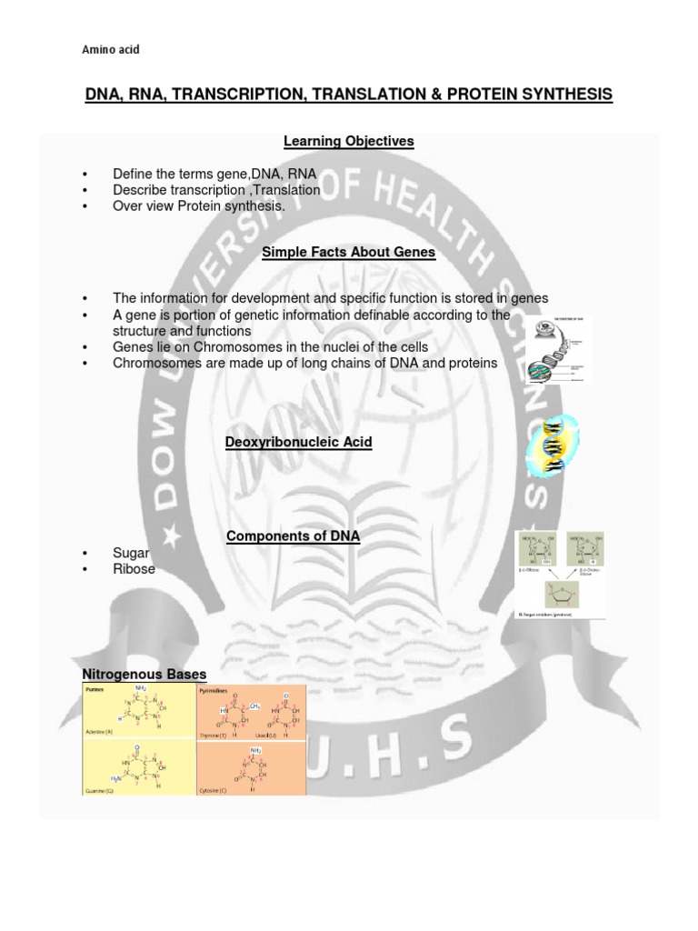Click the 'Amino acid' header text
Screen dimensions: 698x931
(x=111, y=49)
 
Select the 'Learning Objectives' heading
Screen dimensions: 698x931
(x=349, y=141)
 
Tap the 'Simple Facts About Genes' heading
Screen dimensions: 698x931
(x=349, y=253)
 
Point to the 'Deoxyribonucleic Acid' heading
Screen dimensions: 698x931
(x=298, y=442)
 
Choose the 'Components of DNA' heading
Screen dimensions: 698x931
(x=293, y=537)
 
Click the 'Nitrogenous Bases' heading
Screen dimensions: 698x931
(x=145, y=674)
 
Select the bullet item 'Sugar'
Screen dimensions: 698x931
(x=131, y=552)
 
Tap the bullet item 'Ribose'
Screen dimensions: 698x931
(x=134, y=569)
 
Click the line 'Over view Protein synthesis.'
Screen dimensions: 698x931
(x=198, y=206)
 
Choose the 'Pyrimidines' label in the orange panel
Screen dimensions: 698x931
(x=214, y=692)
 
